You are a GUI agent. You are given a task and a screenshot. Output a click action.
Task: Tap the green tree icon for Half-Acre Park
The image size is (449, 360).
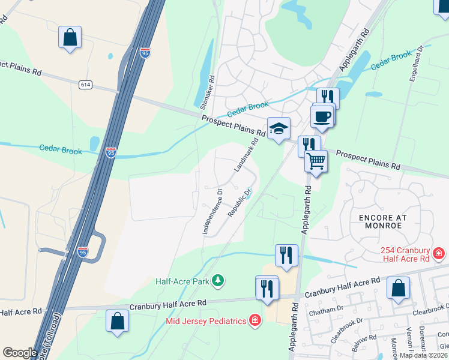pos(218,280)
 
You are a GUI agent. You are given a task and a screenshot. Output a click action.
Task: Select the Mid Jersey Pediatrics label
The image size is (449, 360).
pos(206,321)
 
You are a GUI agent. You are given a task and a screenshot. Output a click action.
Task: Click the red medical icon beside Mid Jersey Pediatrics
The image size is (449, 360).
pos(256,320)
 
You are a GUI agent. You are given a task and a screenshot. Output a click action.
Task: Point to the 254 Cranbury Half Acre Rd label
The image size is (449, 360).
pos(406,254)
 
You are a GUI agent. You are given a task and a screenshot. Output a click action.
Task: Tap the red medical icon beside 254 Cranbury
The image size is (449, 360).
pos(439,254)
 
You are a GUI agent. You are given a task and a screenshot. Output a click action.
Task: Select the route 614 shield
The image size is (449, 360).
pos(85,85)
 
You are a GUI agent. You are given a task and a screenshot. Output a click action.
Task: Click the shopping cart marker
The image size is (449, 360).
pos(316,161)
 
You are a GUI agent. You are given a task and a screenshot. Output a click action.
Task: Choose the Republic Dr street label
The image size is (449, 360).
pos(239,204)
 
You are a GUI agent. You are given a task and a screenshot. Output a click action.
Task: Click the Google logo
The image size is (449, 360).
pos(20,353)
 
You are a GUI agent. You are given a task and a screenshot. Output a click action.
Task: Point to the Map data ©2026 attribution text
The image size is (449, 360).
pos(424,355)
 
